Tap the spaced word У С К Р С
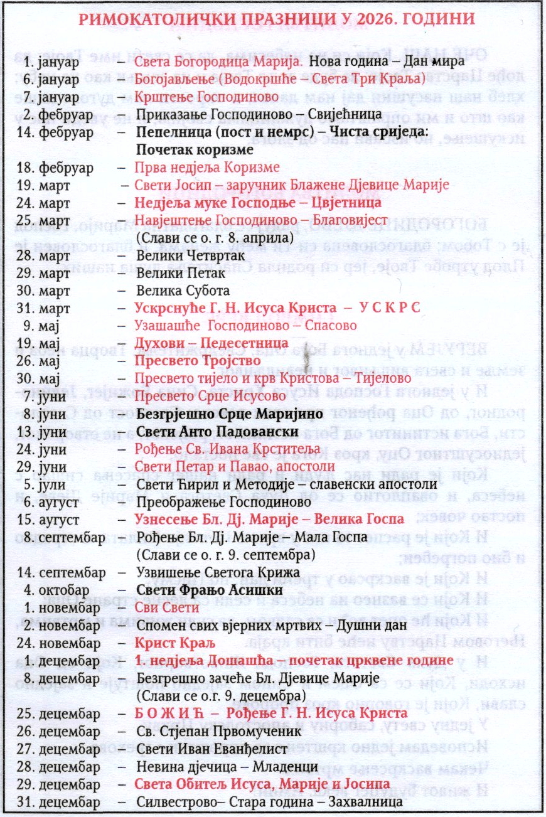click(x=389, y=308)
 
